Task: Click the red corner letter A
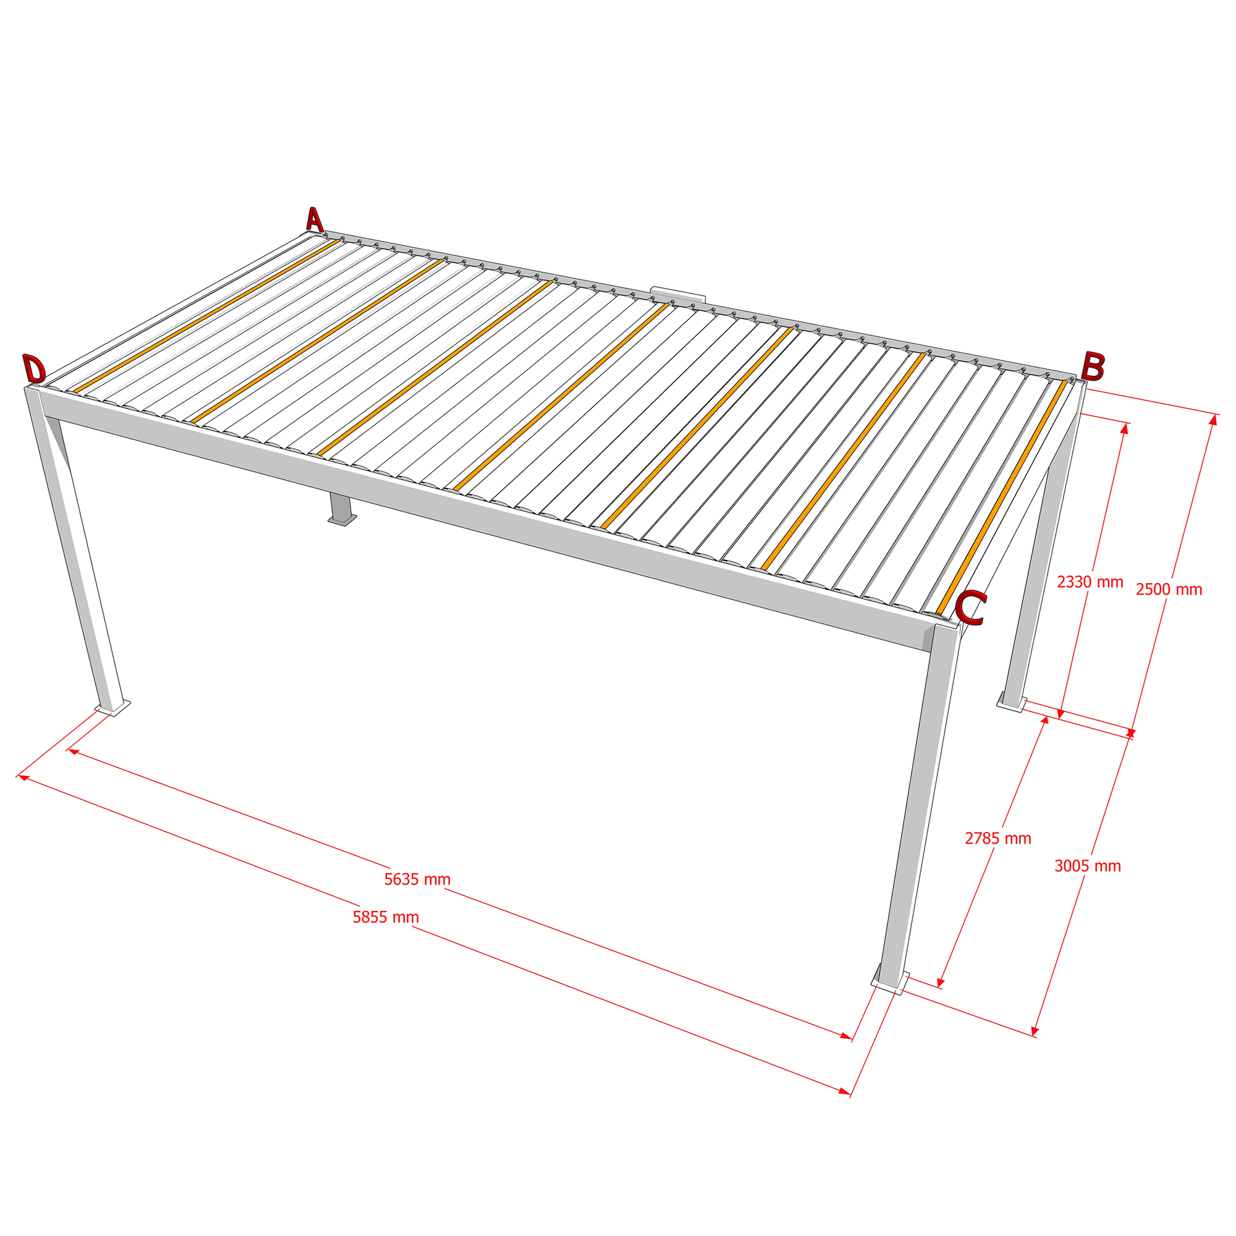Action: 314,219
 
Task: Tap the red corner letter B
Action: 1093,366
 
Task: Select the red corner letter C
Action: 970,607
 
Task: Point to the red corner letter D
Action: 34,369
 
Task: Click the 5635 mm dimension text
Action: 417,879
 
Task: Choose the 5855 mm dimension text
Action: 386,917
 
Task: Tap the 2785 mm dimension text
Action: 998,839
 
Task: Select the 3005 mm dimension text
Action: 1088,866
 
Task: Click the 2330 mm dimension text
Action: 1090,582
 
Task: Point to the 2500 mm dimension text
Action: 1169,590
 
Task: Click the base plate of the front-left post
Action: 112,708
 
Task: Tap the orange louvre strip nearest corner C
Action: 1002,497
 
